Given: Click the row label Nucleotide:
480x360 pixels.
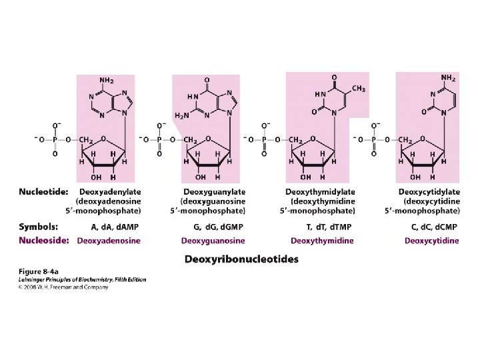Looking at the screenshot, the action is coord(43,192).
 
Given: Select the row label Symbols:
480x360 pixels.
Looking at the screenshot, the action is coord(39,227).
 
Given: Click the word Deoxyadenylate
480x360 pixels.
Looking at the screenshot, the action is coord(110,192).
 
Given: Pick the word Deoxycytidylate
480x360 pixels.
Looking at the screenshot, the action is coord(428,192).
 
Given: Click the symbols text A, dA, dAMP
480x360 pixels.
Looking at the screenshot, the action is coord(115,227).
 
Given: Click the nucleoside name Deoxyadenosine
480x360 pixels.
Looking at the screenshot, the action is coord(109,241).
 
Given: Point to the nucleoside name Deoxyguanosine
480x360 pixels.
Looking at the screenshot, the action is coord(214,241).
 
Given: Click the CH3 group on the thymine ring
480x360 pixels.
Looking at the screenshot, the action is coord(358,89).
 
